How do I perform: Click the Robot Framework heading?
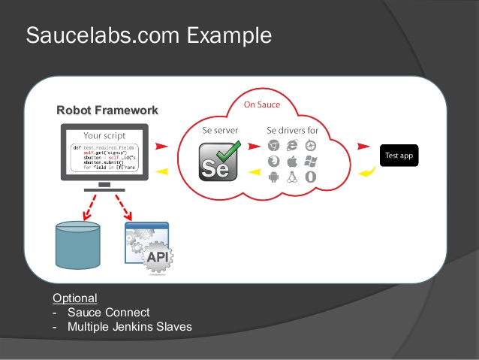coord(107,110)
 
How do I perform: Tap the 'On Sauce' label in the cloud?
coord(262,104)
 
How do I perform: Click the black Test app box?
coord(398,156)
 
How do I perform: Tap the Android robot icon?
coord(274,178)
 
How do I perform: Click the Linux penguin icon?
coord(292,178)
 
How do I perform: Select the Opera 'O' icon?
coord(310,178)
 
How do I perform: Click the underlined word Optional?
coord(74,298)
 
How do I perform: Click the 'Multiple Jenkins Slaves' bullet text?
coord(129,327)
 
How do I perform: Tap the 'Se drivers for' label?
coord(292,130)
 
